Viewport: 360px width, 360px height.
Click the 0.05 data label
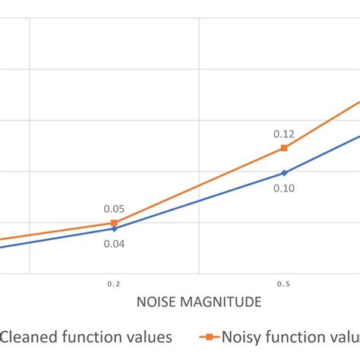click(114, 209)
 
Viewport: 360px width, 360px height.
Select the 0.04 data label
click(114, 244)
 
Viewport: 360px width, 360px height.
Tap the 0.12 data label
click(283, 134)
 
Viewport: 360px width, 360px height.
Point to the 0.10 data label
click(283, 188)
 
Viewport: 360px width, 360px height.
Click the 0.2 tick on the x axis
click(114, 284)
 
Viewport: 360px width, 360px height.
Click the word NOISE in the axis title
click(157, 302)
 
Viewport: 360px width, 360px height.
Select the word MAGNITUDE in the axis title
click(221, 302)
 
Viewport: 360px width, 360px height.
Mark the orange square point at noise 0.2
click(114, 223)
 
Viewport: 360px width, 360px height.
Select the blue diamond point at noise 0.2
click(114, 228)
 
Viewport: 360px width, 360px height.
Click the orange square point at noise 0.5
click(283, 147)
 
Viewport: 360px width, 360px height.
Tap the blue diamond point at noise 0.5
click(283, 172)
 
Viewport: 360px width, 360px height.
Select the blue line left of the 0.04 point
click(57, 238)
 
